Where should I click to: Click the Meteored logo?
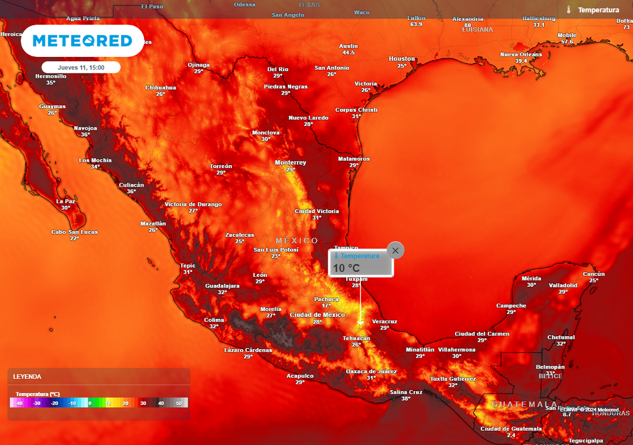click(x=82, y=41)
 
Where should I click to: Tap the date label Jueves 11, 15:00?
click(x=80, y=67)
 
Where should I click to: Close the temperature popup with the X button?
click(x=396, y=250)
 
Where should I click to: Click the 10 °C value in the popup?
click(x=346, y=268)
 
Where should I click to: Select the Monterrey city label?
click(x=291, y=163)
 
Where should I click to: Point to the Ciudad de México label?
click(x=317, y=315)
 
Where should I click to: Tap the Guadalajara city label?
click(x=223, y=286)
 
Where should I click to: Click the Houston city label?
click(x=402, y=59)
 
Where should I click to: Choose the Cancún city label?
click(x=593, y=274)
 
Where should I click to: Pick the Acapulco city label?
click(x=300, y=376)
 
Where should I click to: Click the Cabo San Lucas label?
click(x=74, y=232)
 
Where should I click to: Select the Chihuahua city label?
click(x=161, y=87)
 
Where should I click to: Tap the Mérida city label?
click(x=531, y=278)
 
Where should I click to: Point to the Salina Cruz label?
click(x=406, y=392)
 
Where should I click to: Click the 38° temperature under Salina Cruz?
click(x=406, y=399)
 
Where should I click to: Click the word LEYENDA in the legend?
click(x=27, y=376)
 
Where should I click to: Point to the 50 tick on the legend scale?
click(x=179, y=403)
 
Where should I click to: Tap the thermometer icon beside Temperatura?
click(x=569, y=10)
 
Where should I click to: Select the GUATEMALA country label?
click(x=516, y=404)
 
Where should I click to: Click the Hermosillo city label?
click(x=51, y=76)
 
